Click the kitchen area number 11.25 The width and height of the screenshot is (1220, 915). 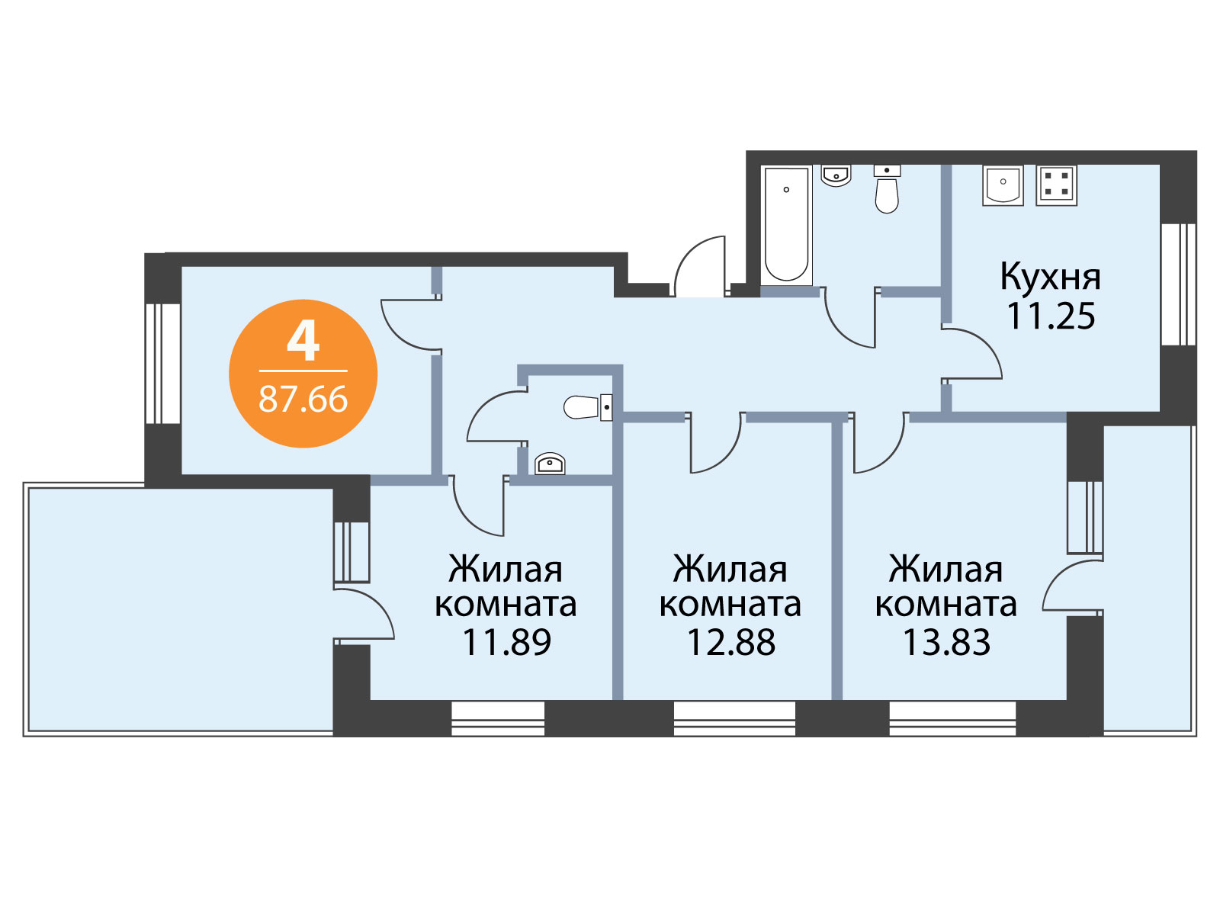1051,316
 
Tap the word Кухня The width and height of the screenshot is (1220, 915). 1051,277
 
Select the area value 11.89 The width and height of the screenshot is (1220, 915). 506,642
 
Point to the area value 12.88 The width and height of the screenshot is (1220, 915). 731,642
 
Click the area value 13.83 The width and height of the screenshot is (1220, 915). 946,642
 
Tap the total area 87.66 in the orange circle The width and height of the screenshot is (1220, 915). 303,399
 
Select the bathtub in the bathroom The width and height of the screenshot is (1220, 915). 786,225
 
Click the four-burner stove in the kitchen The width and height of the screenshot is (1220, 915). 1056,185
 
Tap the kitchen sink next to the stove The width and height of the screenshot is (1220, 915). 1003,185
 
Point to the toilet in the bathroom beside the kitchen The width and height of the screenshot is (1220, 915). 887,189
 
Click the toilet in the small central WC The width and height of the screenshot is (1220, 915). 587,407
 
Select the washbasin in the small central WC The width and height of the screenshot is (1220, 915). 550,464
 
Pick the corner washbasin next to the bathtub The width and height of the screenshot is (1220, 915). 836,175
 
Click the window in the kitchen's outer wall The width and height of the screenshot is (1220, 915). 1178,284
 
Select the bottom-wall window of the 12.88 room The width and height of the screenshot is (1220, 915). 734,718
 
